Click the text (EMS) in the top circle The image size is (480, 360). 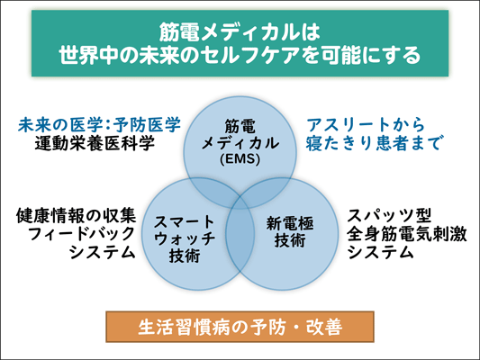coord(240,159)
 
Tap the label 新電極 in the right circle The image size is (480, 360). coord(290,223)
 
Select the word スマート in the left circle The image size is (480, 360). coord(185,221)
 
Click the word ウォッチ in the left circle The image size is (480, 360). coord(185,238)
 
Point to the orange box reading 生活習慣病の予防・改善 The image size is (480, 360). coord(240,327)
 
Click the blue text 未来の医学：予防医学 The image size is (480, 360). coord(99,124)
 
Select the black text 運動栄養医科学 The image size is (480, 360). coord(95,143)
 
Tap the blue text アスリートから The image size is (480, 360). coord(366,124)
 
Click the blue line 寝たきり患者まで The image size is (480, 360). coord(373,143)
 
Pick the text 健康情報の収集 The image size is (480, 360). coord(76,216)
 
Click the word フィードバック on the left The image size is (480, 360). coord(81,234)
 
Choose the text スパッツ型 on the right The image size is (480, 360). coord(389,216)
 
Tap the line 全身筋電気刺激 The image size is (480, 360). coord(407,234)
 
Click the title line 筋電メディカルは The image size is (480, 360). coord(240,32)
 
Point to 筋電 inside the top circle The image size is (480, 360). coord(240,126)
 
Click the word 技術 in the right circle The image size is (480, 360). coord(290,240)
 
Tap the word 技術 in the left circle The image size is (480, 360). coord(185,256)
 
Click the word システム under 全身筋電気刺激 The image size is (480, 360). coord(381,253)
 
